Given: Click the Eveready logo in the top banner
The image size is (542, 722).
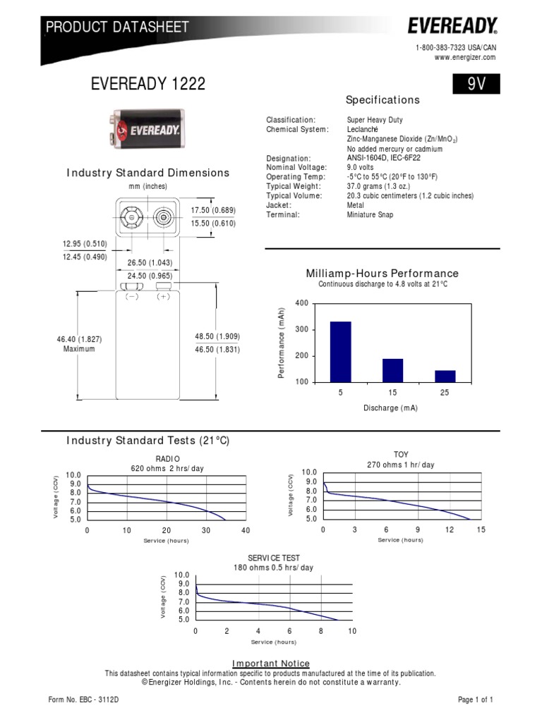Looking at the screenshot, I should [452, 27].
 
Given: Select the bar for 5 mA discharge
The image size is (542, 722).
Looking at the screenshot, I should [340, 351].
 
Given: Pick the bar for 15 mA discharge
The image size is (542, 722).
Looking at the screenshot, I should [392, 370].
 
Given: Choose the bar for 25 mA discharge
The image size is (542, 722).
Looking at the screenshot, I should [445, 376].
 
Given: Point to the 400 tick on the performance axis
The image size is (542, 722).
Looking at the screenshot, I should [302, 303].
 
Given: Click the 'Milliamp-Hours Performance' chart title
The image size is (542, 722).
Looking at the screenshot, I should [382, 274].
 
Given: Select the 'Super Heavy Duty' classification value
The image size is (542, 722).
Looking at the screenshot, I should [375, 121].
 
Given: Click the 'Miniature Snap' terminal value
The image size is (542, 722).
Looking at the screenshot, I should [370, 214].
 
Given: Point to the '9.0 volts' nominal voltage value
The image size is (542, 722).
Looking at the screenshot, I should [363, 168].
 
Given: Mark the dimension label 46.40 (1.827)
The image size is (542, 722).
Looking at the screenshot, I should [79, 339].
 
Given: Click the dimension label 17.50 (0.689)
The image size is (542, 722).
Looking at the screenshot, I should [213, 211].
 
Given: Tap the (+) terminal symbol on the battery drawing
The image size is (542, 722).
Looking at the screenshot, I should [164, 297].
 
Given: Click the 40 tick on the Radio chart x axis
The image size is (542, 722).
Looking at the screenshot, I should [246, 530].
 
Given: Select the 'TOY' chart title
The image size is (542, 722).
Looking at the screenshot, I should [401, 455].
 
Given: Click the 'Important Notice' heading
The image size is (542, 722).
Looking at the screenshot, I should [271, 663].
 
